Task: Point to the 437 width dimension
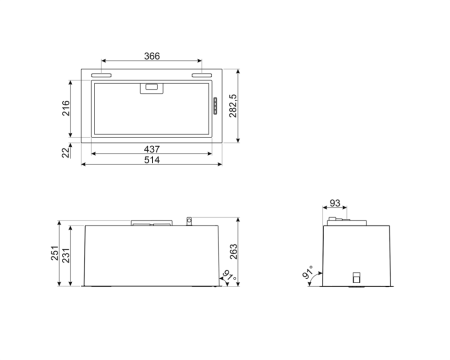click(151, 149)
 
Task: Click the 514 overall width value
click(151, 160)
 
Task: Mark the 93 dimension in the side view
click(336, 204)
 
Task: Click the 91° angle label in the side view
click(309, 273)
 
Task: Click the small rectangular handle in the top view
click(151, 87)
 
